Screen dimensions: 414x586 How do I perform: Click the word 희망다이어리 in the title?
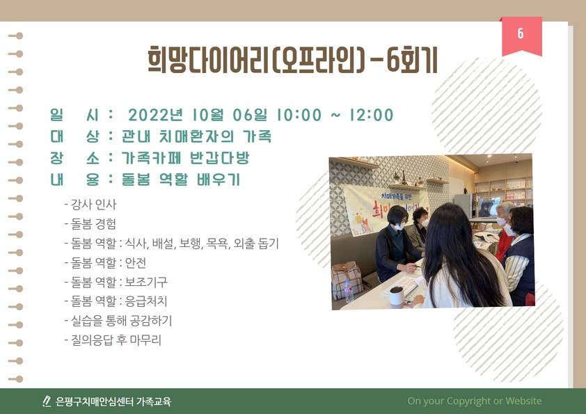pos(208,60)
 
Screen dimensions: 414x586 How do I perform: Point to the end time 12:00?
pos(369,115)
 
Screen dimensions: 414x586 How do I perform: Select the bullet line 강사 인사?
pos(93,205)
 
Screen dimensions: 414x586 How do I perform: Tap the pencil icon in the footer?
pos(47,401)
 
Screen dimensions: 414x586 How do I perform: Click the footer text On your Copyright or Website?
pos(474,401)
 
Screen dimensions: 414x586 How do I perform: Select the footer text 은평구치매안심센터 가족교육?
pos(113,401)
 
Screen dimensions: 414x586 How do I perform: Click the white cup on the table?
pos(396,296)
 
